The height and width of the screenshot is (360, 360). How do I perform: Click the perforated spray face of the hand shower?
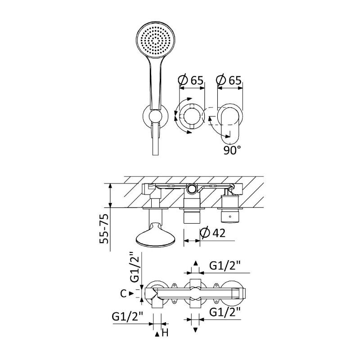pyautogui.click(x=156, y=40)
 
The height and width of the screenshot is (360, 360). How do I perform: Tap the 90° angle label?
pyautogui.click(x=232, y=150)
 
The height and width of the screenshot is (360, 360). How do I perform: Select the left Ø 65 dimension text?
pyautogui.click(x=191, y=80)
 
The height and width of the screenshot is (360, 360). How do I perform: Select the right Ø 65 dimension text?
pyautogui.click(x=229, y=80)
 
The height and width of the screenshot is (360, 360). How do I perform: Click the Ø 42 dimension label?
pyautogui.click(x=212, y=233)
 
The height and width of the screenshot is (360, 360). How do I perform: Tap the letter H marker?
pyautogui.click(x=165, y=333)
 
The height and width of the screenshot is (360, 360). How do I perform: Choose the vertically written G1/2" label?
pyautogui.click(x=135, y=267)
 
